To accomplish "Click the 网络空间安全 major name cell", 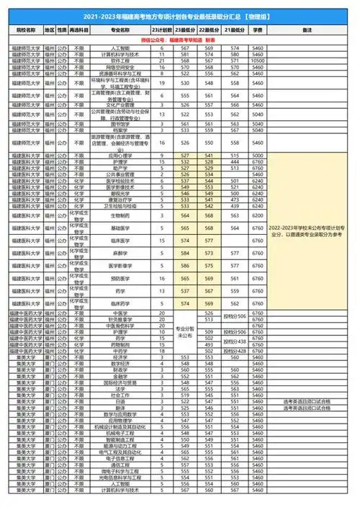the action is (120, 68).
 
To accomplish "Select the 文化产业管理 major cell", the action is (120, 104).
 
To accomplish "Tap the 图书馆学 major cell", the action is (120, 123).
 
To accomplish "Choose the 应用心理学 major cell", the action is (120, 156).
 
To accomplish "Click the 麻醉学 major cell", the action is (120, 253).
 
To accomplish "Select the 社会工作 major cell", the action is (120, 395).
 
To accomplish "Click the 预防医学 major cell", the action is (120, 278).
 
